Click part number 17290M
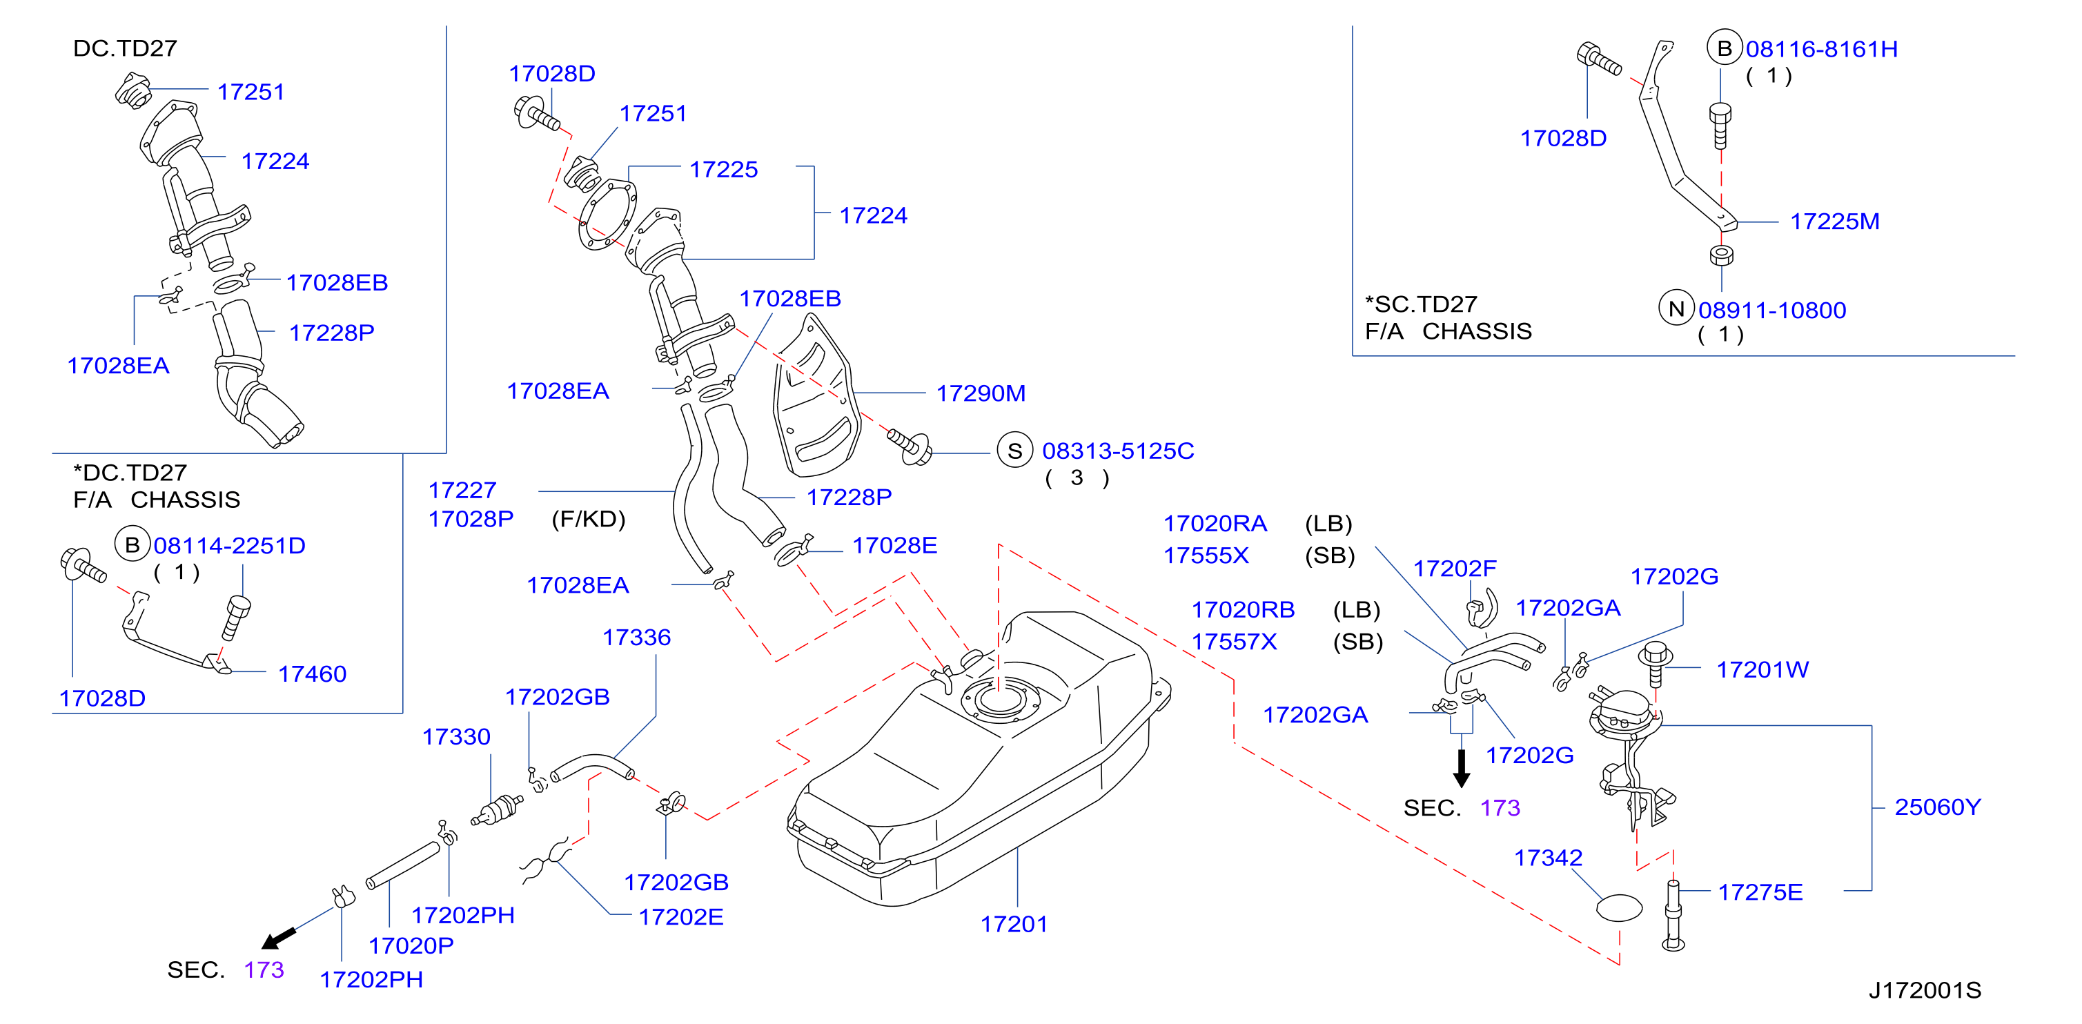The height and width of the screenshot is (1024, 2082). tap(981, 393)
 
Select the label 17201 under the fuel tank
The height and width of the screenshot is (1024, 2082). tap(1014, 924)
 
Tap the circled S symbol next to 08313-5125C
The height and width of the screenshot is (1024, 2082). tap(1015, 451)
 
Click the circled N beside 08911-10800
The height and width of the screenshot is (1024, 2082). tap(1676, 308)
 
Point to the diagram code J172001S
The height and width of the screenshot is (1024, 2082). tap(1925, 990)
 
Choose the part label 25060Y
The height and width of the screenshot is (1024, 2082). tap(1937, 807)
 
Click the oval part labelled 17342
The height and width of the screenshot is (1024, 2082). tap(1619, 907)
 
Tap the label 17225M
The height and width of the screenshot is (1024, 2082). tap(1835, 221)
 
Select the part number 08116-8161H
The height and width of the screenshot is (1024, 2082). tap(1822, 49)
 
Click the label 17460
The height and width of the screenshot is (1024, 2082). tap(312, 674)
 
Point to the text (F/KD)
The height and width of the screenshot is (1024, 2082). tap(589, 519)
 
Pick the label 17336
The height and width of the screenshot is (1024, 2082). tap(636, 638)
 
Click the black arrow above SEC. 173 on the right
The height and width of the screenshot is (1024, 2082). tap(1462, 769)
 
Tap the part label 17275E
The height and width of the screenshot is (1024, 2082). tap(1760, 892)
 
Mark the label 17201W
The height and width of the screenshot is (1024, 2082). tap(1762, 670)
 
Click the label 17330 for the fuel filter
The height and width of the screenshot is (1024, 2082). tap(456, 737)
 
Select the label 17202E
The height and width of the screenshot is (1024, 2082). tap(680, 917)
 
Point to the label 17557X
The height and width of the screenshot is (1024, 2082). tap(1234, 642)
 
